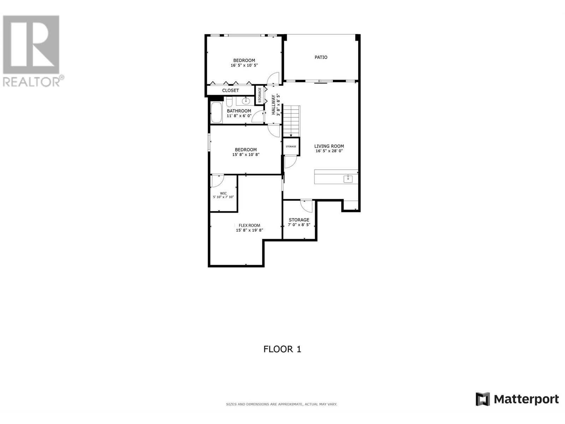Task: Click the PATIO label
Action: pyautogui.click(x=321, y=57)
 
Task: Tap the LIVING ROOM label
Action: pyautogui.click(x=329, y=146)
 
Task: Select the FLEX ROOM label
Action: pyautogui.click(x=249, y=225)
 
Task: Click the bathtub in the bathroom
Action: pyautogui.click(x=216, y=112)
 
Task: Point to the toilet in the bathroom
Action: pyautogui.click(x=229, y=102)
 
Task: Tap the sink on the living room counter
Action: pyautogui.click(x=348, y=178)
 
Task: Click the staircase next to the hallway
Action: pyautogui.click(x=291, y=121)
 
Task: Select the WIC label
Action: pyautogui.click(x=223, y=193)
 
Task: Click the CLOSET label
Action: pyautogui.click(x=230, y=90)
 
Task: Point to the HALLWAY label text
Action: pyautogui.click(x=273, y=105)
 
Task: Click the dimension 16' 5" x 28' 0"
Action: pyautogui.click(x=329, y=151)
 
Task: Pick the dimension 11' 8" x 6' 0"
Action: pyautogui.click(x=239, y=116)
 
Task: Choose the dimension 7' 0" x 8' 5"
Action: pyautogui.click(x=299, y=225)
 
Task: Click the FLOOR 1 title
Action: pyautogui.click(x=282, y=349)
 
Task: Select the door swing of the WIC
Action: pyautogui.click(x=218, y=181)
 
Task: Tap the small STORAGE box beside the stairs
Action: pyautogui.click(x=291, y=147)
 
